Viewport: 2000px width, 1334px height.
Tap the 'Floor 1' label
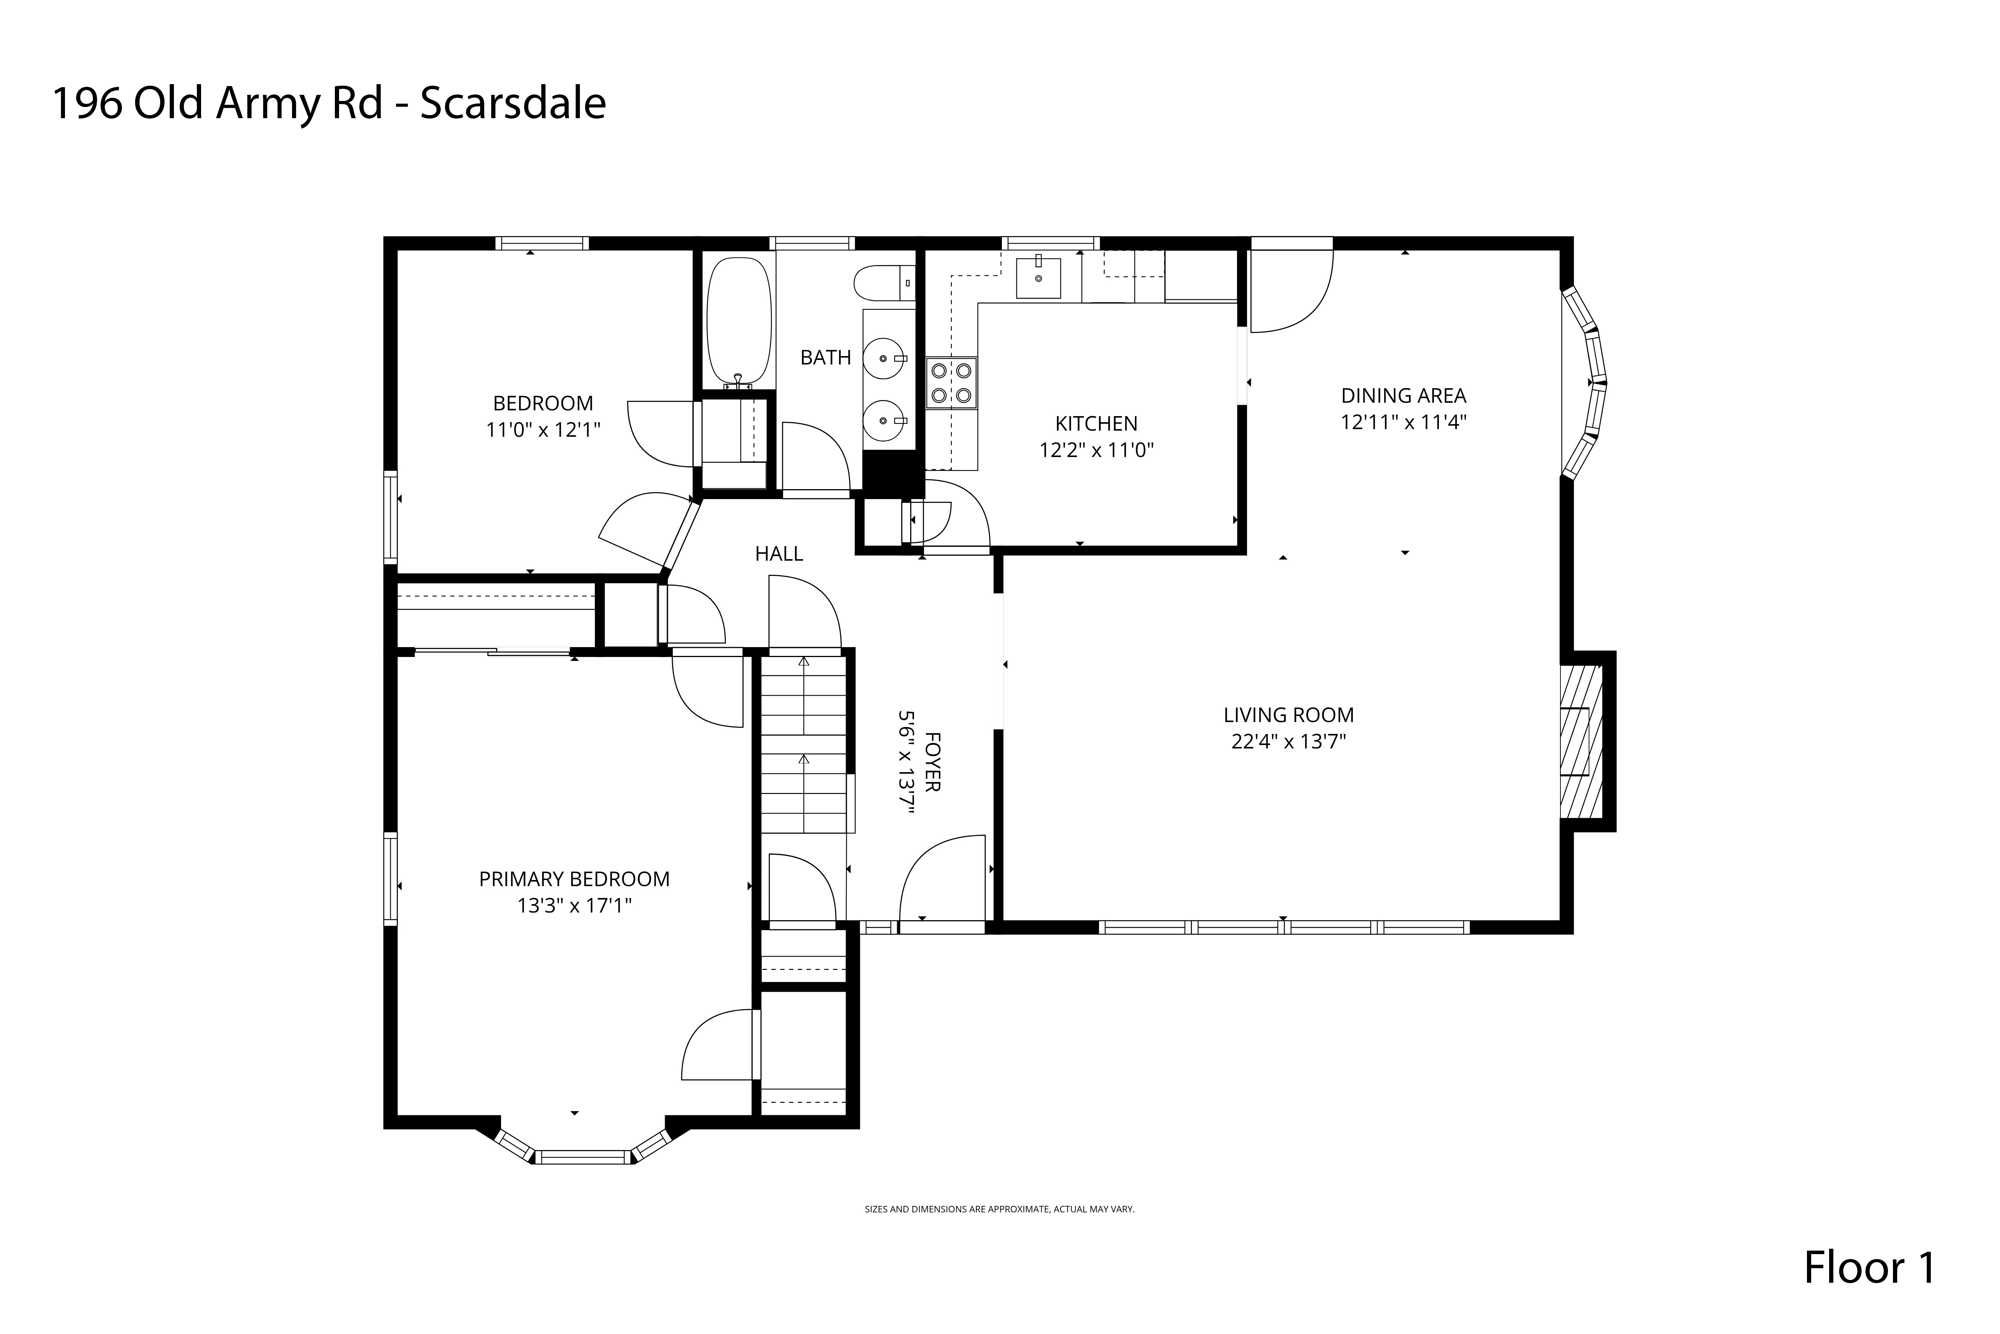[1869, 1267]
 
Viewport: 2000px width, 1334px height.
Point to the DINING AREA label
[1403, 395]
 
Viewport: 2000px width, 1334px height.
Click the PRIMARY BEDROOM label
[574, 879]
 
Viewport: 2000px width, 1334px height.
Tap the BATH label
[825, 357]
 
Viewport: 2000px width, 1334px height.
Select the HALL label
[778, 554]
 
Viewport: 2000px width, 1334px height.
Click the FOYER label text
[932, 761]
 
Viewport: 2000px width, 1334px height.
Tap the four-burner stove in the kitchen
[951, 383]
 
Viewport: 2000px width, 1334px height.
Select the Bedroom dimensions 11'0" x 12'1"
[542, 429]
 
